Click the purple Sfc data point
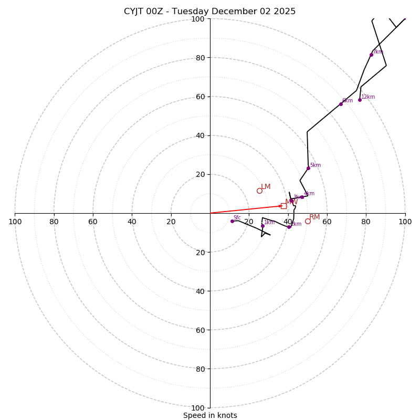point(232,221)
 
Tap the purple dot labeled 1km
point(262,226)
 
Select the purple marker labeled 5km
point(308,168)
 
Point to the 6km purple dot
point(341,104)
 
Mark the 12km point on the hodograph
point(360,100)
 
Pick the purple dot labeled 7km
point(371,55)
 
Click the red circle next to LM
point(259,191)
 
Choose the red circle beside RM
point(308,221)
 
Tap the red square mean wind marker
point(283,206)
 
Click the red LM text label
point(266,187)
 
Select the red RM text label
point(314,217)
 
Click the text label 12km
point(368,97)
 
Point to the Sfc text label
point(237,218)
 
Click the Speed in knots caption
point(210,415)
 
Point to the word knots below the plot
point(226,415)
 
